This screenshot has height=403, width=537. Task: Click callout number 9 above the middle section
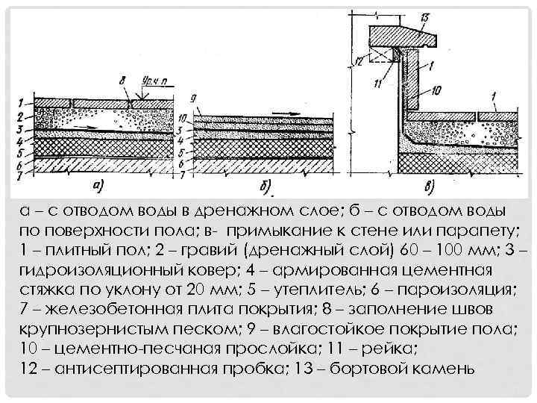pyautogui.click(x=192, y=96)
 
